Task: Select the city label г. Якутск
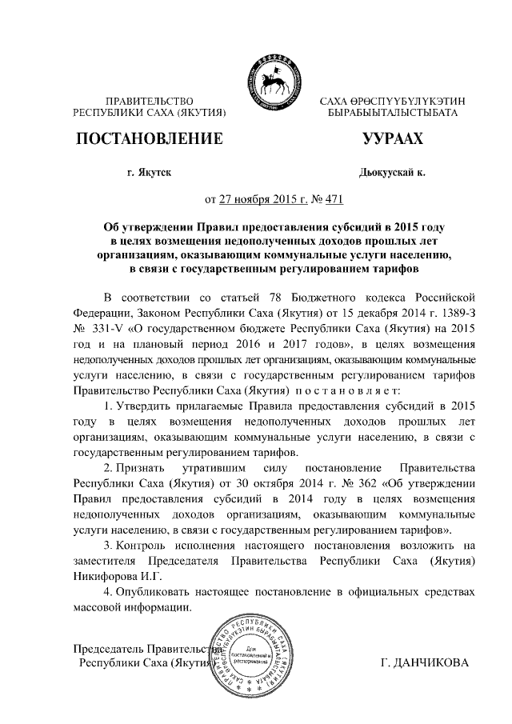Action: click(149, 172)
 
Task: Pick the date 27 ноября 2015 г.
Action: click(257, 199)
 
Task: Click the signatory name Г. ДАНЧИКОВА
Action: click(426, 663)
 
